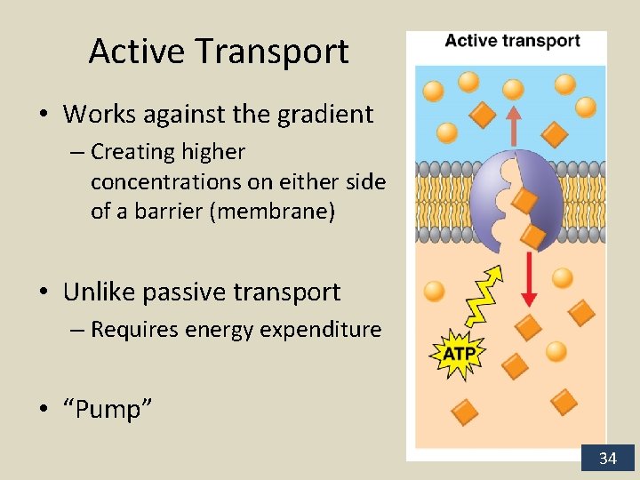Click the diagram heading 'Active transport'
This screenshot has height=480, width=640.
click(x=512, y=41)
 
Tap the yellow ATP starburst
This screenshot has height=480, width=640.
click(x=459, y=354)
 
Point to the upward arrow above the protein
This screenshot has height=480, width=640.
click(x=513, y=125)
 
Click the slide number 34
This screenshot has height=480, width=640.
click(x=607, y=459)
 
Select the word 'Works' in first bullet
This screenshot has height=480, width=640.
click(x=92, y=115)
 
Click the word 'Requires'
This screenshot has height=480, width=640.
click(x=131, y=330)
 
